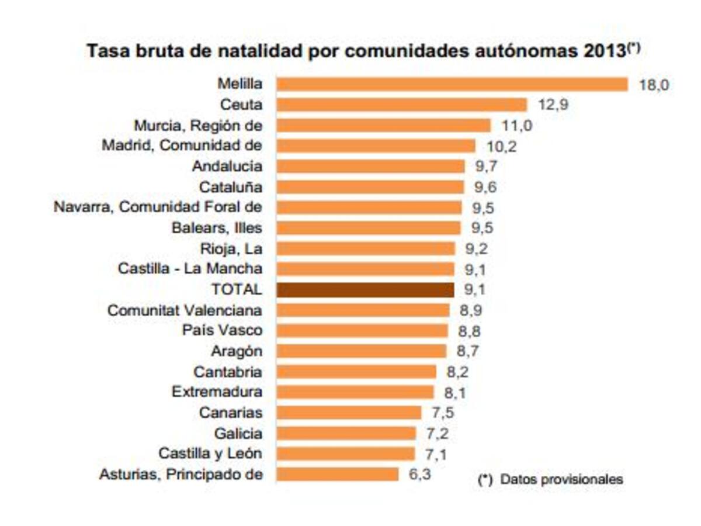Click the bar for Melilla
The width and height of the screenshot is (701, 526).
pyautogui.click(x=452, y=85)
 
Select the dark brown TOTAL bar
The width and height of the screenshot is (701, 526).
pyautogui.click(x=365, y=290)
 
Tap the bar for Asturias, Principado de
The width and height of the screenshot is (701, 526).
pyautogui.click(x=337, y=474)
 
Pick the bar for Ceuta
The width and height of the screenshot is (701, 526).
pyautogui.click(x=401, y=105)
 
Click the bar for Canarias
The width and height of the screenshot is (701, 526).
pyautogui.click(x=348, y=413)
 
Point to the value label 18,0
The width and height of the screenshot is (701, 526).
pyautogui.click(x=653, y=85)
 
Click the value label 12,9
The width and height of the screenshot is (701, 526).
pyautogui.click(x=553, y=106)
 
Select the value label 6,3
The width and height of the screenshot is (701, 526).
pyautogui.click(x=419, y=474)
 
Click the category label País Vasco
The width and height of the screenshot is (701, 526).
pyautogui.click(x=222, y=330)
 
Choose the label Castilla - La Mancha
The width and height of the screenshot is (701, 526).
pyautogui.click(x=190, y=269)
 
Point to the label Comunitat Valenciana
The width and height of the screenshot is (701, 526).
pyautogui.click(x=185, y=310)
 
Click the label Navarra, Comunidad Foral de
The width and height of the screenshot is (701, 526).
pyautogui.click(x=158, y=207)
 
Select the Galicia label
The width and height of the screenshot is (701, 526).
pyautogui.click(x=238, y=434)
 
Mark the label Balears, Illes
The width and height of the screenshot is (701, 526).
pyautogui.click(x=217, y=228)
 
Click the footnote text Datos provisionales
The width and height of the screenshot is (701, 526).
pyautogui.click(x=561, y=480)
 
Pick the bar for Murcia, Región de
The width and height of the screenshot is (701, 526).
pyautogui.click(x=383, y=126)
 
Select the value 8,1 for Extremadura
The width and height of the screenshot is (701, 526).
pyautogui.click(x=454, y=393)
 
